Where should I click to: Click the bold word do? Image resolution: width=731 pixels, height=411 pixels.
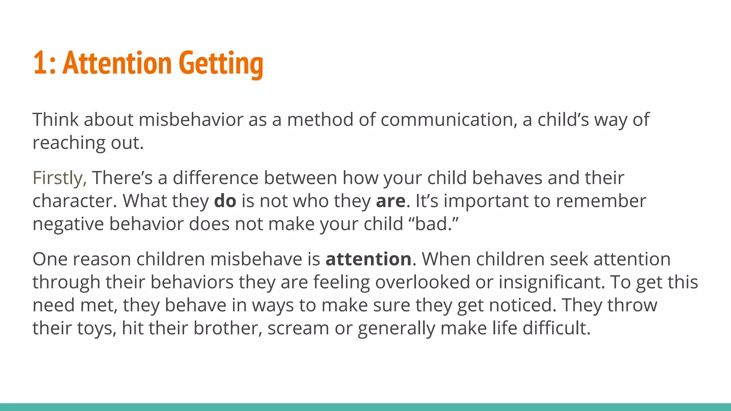[225, 201]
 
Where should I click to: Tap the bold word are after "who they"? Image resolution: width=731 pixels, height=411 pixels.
[390, 201]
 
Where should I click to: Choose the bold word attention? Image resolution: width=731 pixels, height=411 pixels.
[368, 259]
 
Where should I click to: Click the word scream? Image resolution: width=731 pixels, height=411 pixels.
[298, 328]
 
